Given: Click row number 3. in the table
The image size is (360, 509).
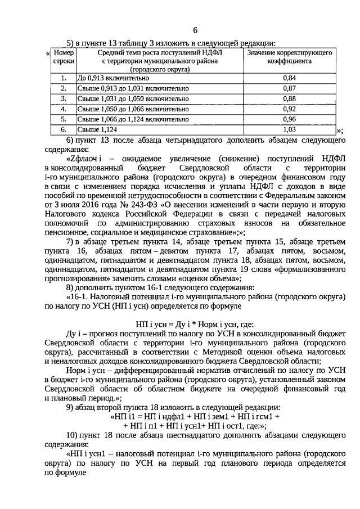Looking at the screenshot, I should pyautogui.click(x=64, y=99).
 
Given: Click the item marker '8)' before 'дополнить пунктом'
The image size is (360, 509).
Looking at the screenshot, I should pyautogui.click(x=71, y=287).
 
